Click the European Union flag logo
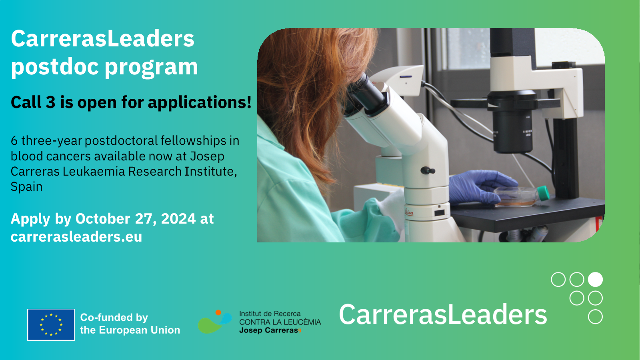(51, 324)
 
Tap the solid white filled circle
(595, 280)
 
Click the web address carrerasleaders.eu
(76, 237)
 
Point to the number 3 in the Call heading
(50, 102)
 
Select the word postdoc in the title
(55, 66)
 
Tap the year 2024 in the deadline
(178, 219)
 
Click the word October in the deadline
(103, 219)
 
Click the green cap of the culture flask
(543, 193)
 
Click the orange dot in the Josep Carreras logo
(218, 312)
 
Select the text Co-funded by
(114, 318)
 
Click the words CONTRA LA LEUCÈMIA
(280, 322)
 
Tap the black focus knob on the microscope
(428, 170)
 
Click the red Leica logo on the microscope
(409, 212)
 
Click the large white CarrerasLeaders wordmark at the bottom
(443, 314)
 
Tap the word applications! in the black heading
(200, 102)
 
